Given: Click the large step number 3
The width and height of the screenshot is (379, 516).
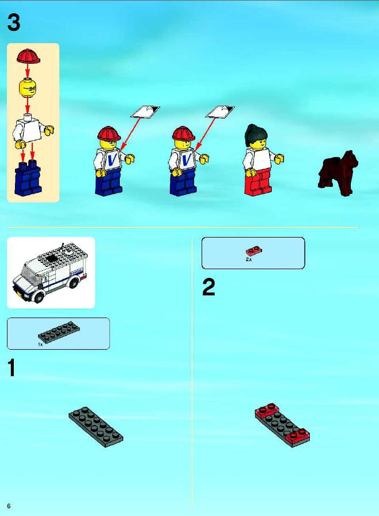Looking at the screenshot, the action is (13, 22).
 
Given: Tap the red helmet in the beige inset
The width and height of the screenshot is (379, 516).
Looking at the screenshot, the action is (28, 56).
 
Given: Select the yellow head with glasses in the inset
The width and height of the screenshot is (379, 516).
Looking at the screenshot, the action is (28, 87).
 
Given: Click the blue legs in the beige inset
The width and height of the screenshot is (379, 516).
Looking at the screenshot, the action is (28, 177).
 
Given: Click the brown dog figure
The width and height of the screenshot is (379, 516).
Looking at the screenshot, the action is (338, 173).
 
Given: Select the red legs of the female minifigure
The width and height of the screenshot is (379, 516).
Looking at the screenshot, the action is (259, 182).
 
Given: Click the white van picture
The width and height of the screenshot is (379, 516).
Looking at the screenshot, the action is (51, 273).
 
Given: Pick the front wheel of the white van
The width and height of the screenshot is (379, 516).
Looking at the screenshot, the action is (39, 296).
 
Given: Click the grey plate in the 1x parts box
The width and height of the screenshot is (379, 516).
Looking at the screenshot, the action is (59, 332).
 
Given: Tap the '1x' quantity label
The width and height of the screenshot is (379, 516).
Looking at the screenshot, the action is (40, 345).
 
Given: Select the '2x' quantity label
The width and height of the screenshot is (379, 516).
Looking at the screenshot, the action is (248, 259).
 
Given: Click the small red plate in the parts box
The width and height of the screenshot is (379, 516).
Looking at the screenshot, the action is (254, 251).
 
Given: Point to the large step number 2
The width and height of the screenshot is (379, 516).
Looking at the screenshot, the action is (209, 287).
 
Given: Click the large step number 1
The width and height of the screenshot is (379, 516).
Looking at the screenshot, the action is (12, 368).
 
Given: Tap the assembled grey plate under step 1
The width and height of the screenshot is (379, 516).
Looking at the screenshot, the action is (96, 427).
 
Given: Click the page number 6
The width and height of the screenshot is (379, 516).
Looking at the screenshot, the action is (9, 506).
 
